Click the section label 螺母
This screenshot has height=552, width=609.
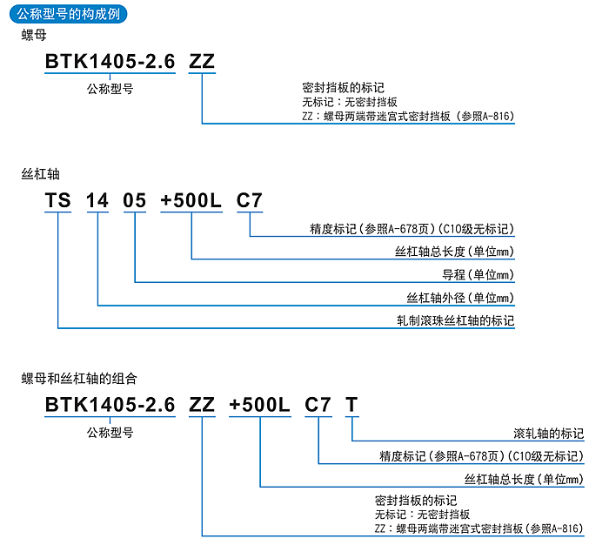tap(33, 36)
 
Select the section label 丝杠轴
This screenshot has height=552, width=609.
tap(39, 174)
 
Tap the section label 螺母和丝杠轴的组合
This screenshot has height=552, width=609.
tap(79, 379)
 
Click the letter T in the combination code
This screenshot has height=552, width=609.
tap(351, 405)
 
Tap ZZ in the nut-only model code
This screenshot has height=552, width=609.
tap(202, 61)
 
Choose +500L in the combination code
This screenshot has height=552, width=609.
tap(259, 405)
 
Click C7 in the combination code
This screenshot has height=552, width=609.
tap(318, 405)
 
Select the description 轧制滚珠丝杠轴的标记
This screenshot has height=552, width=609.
tap(454, 320)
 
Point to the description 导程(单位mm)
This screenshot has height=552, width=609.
tap(478, 275)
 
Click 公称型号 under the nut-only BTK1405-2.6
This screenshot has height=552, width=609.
tap(110, 88)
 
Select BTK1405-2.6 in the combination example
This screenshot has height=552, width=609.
tap(110, 405)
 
